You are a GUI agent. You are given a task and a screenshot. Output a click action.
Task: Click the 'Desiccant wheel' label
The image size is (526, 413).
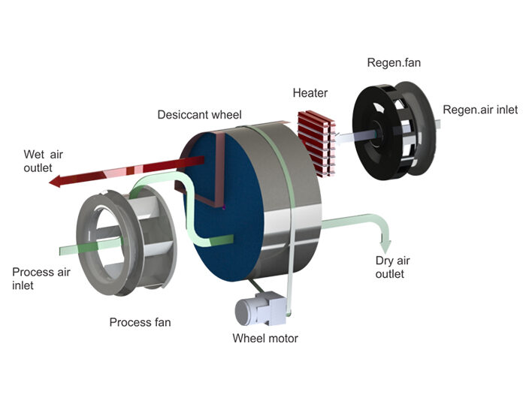pyautogui.click(x=199, y=115)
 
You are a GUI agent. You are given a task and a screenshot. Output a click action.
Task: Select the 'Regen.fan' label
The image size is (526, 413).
pyautogui.click(x=394, y=62)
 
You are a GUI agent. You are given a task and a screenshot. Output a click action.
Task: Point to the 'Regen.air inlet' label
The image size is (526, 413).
pyautogui.click(x=480, y=110)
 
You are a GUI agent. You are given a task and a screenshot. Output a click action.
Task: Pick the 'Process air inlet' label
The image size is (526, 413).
pyautogui.click(x=41, y=279)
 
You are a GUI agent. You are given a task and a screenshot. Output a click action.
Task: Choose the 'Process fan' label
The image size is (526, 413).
pyautogui.click(x=140, y=322)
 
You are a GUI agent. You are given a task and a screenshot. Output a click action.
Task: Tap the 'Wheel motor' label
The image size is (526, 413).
pyautogui.click(x=265, y=338)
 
